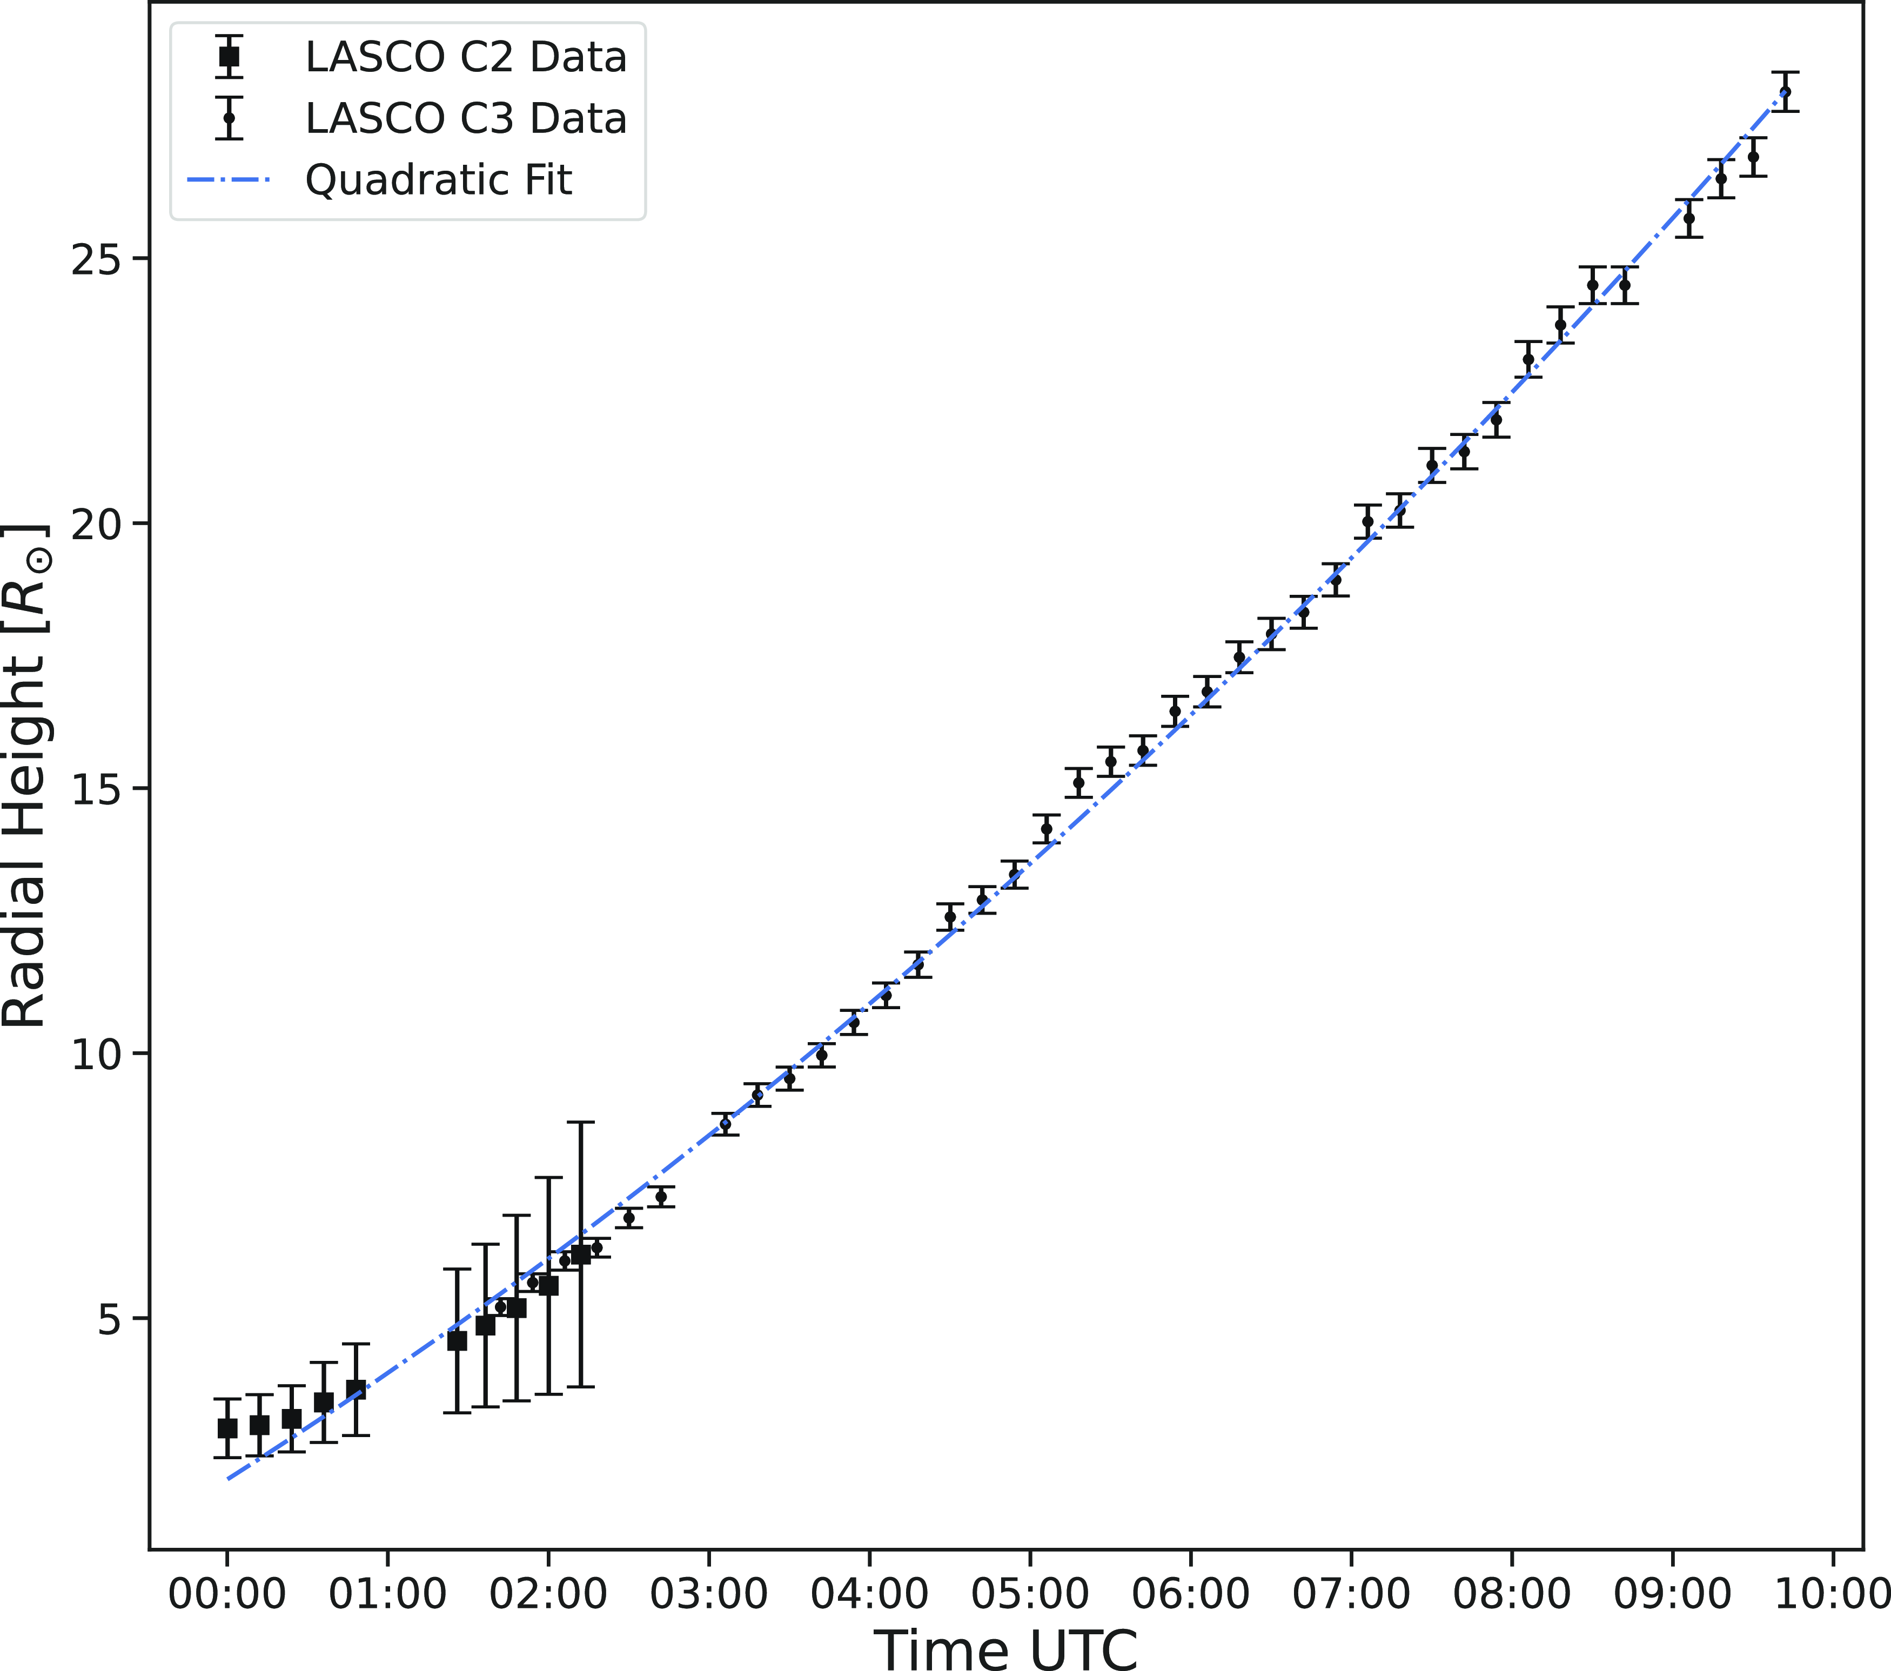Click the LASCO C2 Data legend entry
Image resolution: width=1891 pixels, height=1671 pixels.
click(465, 57)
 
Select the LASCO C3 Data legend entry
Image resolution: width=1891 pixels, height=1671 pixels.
click(465, 118)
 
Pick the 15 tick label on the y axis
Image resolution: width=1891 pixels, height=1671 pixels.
click(96, 789)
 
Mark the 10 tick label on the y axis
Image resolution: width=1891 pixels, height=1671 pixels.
click(96, 1054)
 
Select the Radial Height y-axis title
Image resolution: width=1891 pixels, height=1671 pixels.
click(26, 775)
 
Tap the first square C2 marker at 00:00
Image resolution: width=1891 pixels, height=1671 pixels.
click(227, 1428)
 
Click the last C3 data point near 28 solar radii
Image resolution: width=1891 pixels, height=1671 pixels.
click(1785, 92)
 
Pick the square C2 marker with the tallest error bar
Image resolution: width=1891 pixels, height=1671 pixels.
click(581, 1254)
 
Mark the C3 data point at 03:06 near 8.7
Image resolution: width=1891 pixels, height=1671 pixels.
click(725, 1124)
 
